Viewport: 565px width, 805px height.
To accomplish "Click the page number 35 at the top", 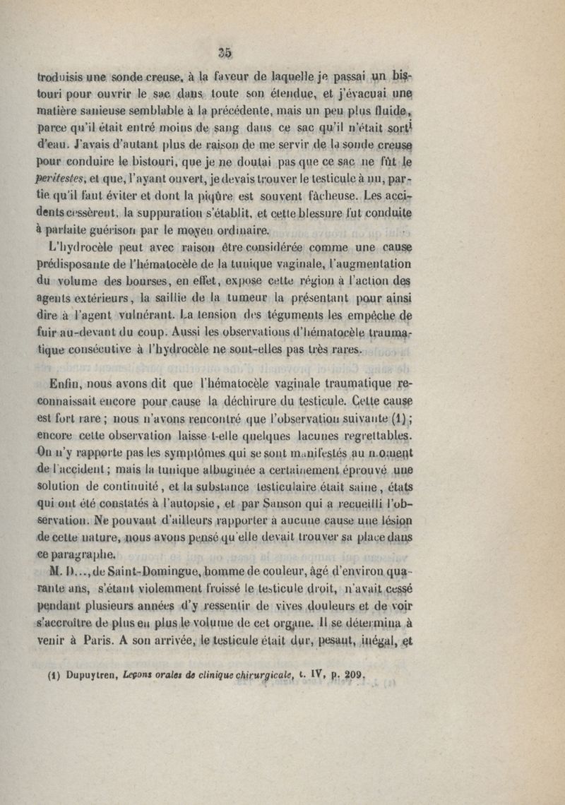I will click(x=225, y=51).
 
